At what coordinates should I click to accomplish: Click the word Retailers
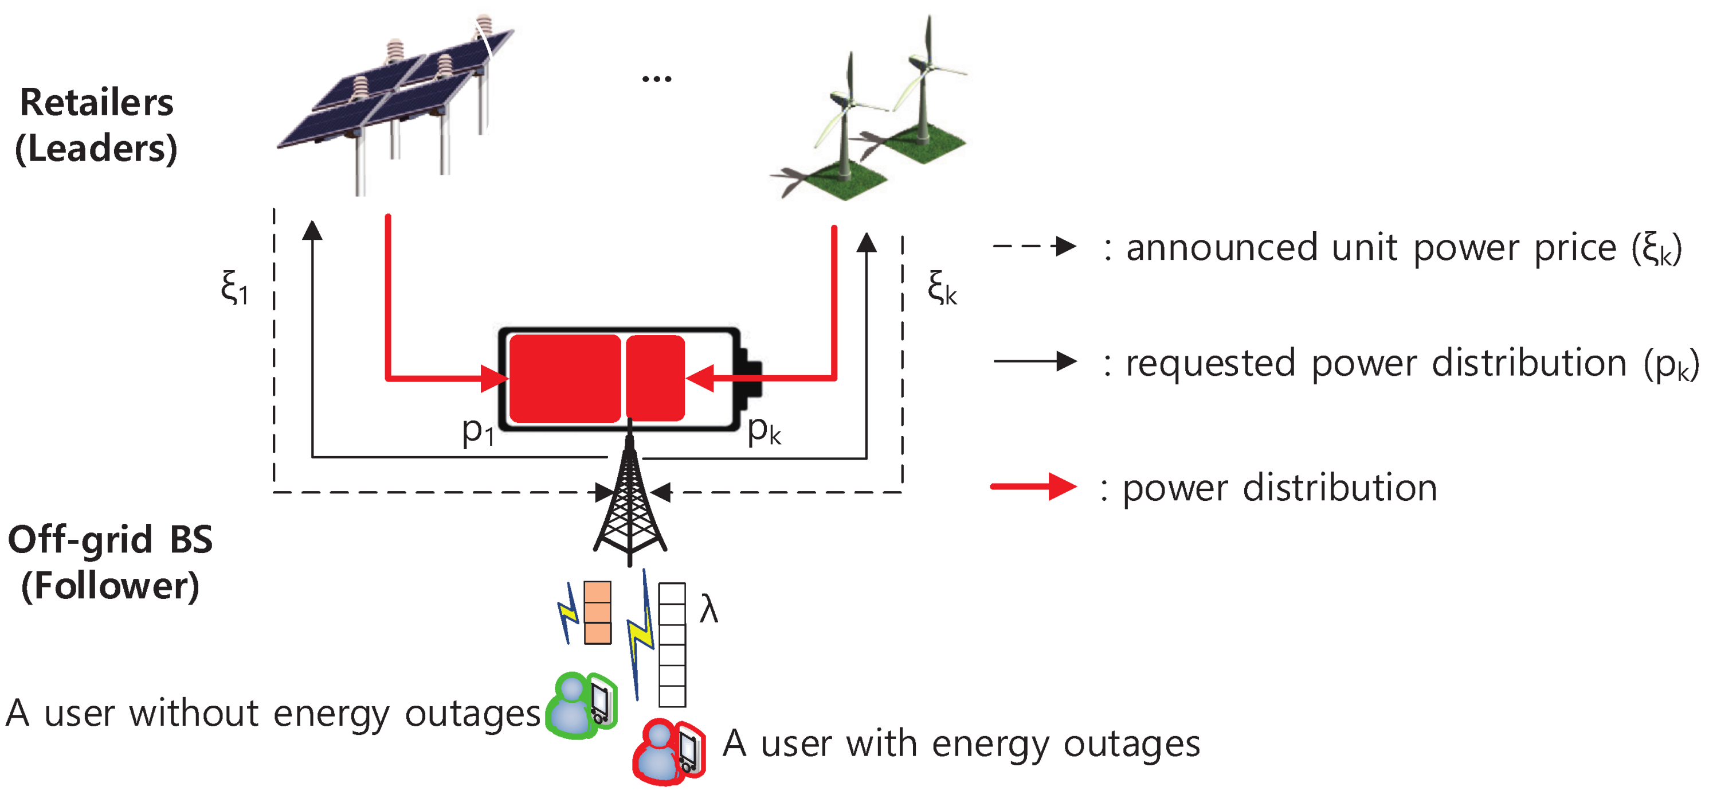point(97,103)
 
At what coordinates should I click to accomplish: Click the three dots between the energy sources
point(656,79)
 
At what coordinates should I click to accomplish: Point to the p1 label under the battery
point(477,431)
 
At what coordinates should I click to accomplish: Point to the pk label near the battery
point(763,431)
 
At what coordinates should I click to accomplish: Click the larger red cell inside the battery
point(565,379)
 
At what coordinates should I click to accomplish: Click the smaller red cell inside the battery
point(655,379)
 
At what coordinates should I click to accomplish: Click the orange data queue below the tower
point(597,612)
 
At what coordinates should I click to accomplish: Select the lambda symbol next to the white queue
point(708,609)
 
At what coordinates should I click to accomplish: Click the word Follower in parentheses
point(110,586)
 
